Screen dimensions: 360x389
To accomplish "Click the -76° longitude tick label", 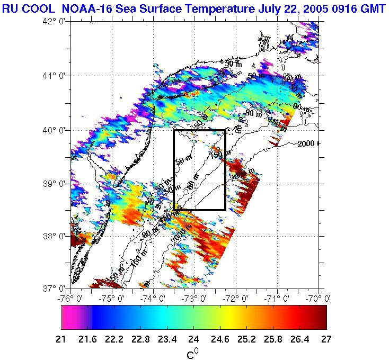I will tap(70, 299).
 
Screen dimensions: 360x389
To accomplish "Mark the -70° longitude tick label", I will tap(320, 299).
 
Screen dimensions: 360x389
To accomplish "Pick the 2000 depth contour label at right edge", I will tap(307, 143).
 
